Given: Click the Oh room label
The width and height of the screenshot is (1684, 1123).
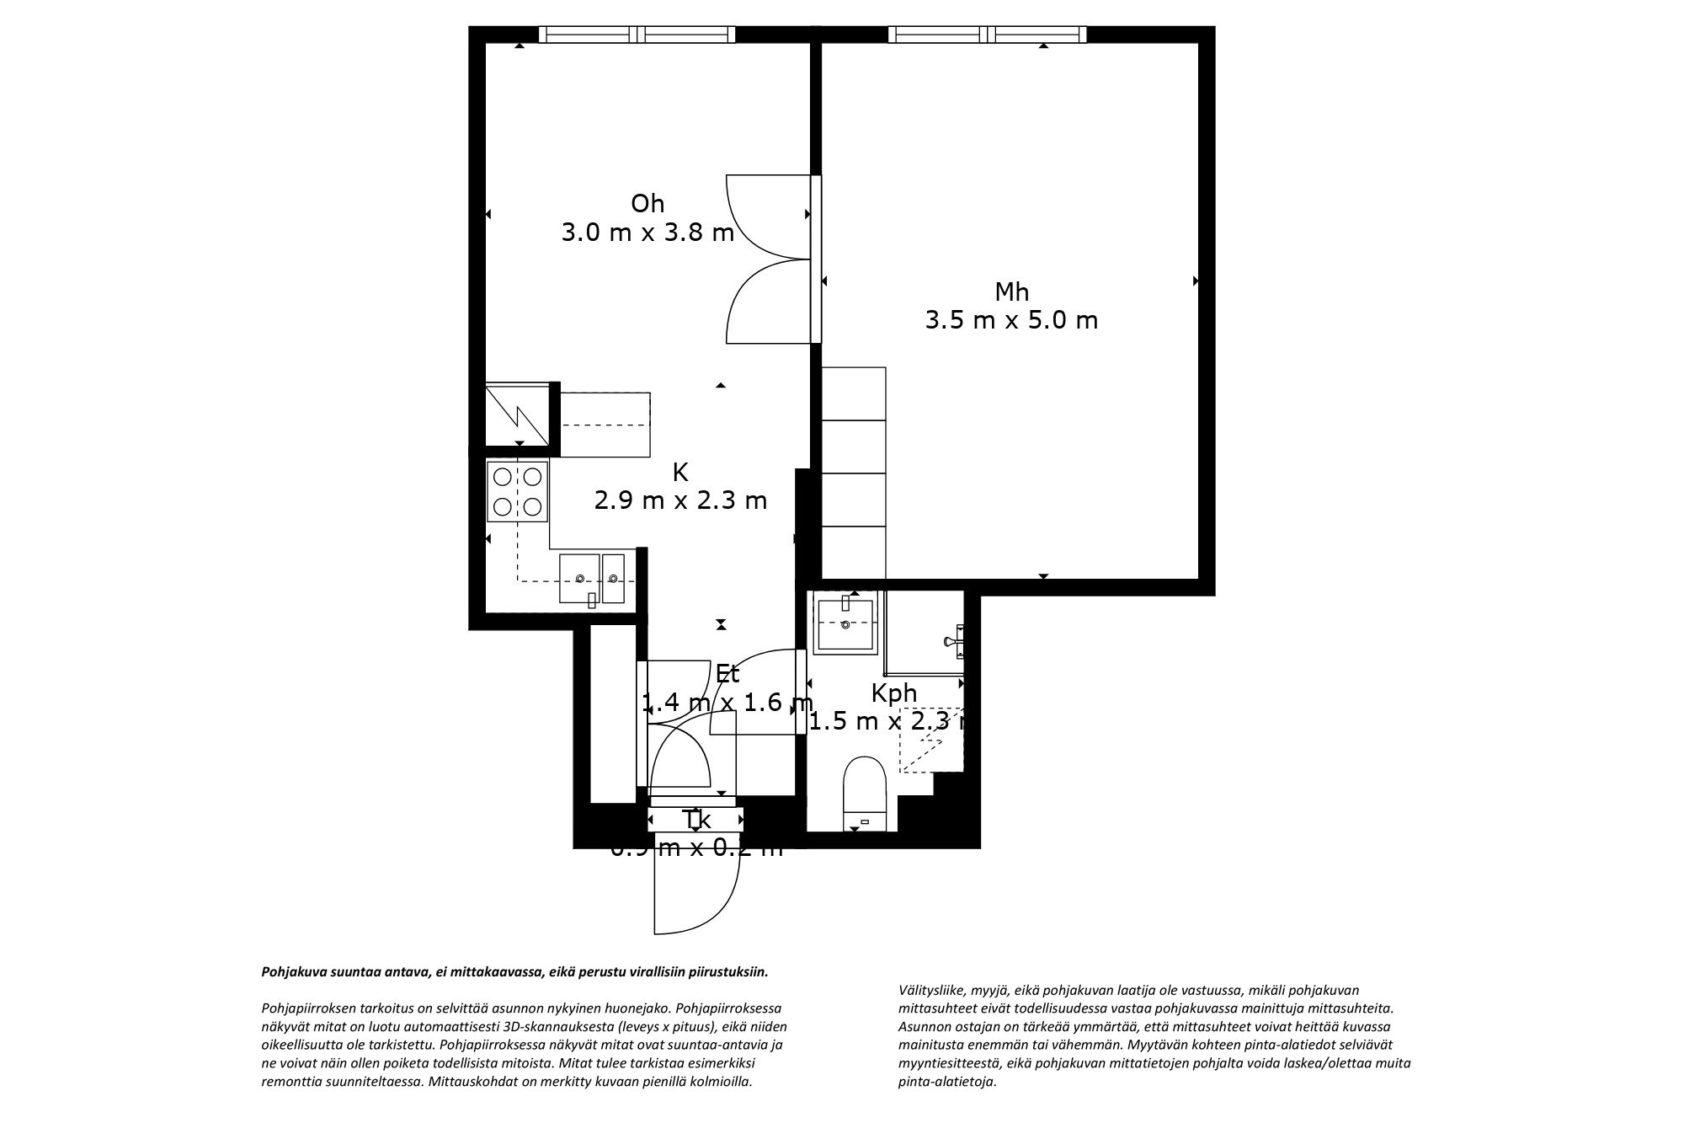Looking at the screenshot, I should coord(647,204).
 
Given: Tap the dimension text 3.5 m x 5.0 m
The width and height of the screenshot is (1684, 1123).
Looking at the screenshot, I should coord(1011,321).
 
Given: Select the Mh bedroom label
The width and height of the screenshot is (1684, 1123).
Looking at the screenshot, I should coord(1011,292).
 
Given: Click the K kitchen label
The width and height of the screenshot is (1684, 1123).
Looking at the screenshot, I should coord(679,473).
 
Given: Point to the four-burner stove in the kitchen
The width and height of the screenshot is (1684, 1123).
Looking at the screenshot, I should coord(517,492).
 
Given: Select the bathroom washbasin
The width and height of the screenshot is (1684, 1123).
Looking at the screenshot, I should coord(845,623).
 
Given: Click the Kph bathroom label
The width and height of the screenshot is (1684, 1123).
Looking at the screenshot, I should coord(893,693).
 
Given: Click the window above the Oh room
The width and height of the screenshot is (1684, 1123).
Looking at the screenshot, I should coord(637,35).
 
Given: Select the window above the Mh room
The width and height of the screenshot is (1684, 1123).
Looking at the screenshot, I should coord(987,35).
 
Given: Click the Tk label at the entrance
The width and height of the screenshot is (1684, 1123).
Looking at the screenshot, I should coord(696,820).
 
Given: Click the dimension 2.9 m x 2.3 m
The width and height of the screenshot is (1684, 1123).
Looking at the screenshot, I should coord(680,501).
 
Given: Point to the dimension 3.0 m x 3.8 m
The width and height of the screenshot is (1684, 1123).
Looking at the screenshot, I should coord(647,233).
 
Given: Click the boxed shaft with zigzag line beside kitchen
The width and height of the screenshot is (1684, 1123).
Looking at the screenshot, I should coord(517,415).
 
